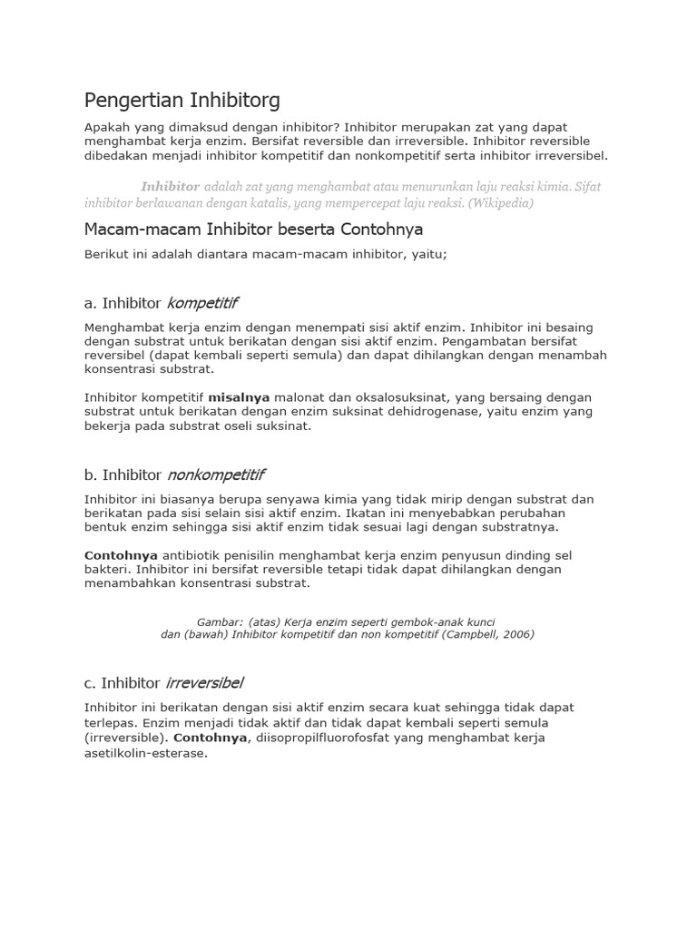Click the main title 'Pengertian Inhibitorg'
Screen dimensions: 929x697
pyautogui.click(x=182, y=99)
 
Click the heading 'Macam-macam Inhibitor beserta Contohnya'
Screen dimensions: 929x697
pyautogui.click(x=253, y=229)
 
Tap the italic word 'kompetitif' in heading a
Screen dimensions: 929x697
pyautogui.click(x=202, y=302)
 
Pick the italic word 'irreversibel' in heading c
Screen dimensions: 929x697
pyautogui.click(x=204, y=682)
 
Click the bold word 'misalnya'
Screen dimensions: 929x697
pyautogui.click(x=240, y=397)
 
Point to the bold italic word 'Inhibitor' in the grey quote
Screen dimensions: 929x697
pyautogui.click(x=170, y=186)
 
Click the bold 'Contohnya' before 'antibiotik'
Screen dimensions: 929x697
pyautogui.click(x=121, y=555)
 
